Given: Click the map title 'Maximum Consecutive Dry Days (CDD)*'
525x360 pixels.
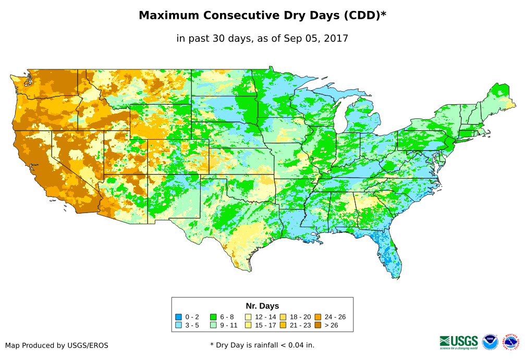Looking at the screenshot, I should click(262, 16).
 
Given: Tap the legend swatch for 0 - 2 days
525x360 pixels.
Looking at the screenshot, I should click(179, 317).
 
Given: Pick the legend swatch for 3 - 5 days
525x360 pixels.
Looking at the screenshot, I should click(179, 325).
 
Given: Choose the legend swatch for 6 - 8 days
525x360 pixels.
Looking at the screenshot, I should click(214, 317).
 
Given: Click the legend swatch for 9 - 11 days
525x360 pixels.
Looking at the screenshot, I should click(214, 325).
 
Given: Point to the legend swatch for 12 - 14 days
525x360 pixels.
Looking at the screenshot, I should click(248, 317).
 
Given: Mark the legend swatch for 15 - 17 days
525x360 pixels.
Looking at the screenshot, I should click(248, 325).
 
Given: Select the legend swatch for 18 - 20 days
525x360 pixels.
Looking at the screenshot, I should click(283, 317).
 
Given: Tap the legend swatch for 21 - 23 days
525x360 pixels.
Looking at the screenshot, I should click(283, 325).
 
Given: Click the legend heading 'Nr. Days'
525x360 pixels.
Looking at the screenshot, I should click(262, 306).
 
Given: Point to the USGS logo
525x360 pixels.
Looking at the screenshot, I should click(459, 342).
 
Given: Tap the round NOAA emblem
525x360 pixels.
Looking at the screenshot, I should click(490, 342).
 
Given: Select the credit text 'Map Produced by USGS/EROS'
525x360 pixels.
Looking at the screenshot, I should click(57, 345).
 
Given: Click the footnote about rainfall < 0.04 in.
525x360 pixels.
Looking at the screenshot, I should click(262, 345).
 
